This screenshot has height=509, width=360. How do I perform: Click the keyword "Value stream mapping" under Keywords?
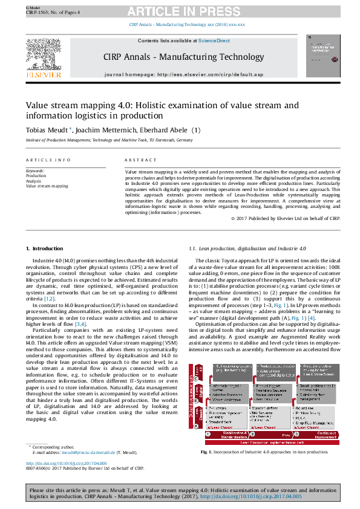click(x=47, y=186)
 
